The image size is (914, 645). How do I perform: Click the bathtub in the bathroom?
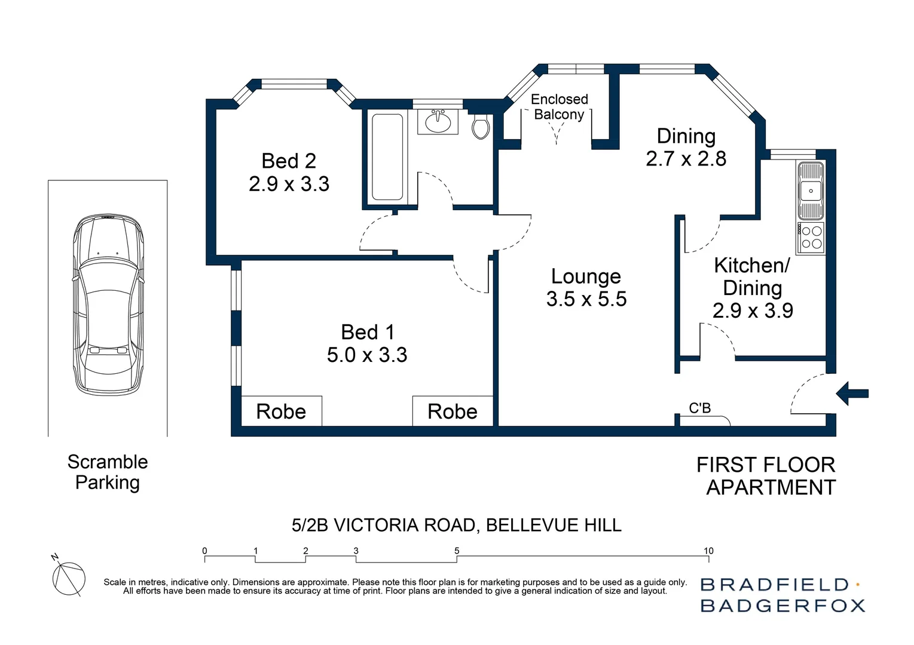387,157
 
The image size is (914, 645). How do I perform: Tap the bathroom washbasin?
438,121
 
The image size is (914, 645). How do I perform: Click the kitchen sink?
811,191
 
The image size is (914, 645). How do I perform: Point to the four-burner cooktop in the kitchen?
811,238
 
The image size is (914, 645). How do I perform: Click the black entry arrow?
852,394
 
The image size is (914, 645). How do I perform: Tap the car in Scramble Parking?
108,304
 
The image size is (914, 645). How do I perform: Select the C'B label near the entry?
700,408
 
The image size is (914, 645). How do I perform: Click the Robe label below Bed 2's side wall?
281,411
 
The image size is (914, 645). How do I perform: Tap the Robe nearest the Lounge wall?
453,411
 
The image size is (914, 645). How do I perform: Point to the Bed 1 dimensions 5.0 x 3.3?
367,355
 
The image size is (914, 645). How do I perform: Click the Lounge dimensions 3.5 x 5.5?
586,299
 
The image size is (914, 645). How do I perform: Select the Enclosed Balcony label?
560,107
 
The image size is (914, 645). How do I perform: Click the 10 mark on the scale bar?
708,551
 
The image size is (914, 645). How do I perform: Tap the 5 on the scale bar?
457,551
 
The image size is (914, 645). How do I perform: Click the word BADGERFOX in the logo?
782,606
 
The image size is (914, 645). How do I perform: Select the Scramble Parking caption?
108,472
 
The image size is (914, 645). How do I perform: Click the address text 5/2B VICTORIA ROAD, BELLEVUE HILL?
457,525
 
